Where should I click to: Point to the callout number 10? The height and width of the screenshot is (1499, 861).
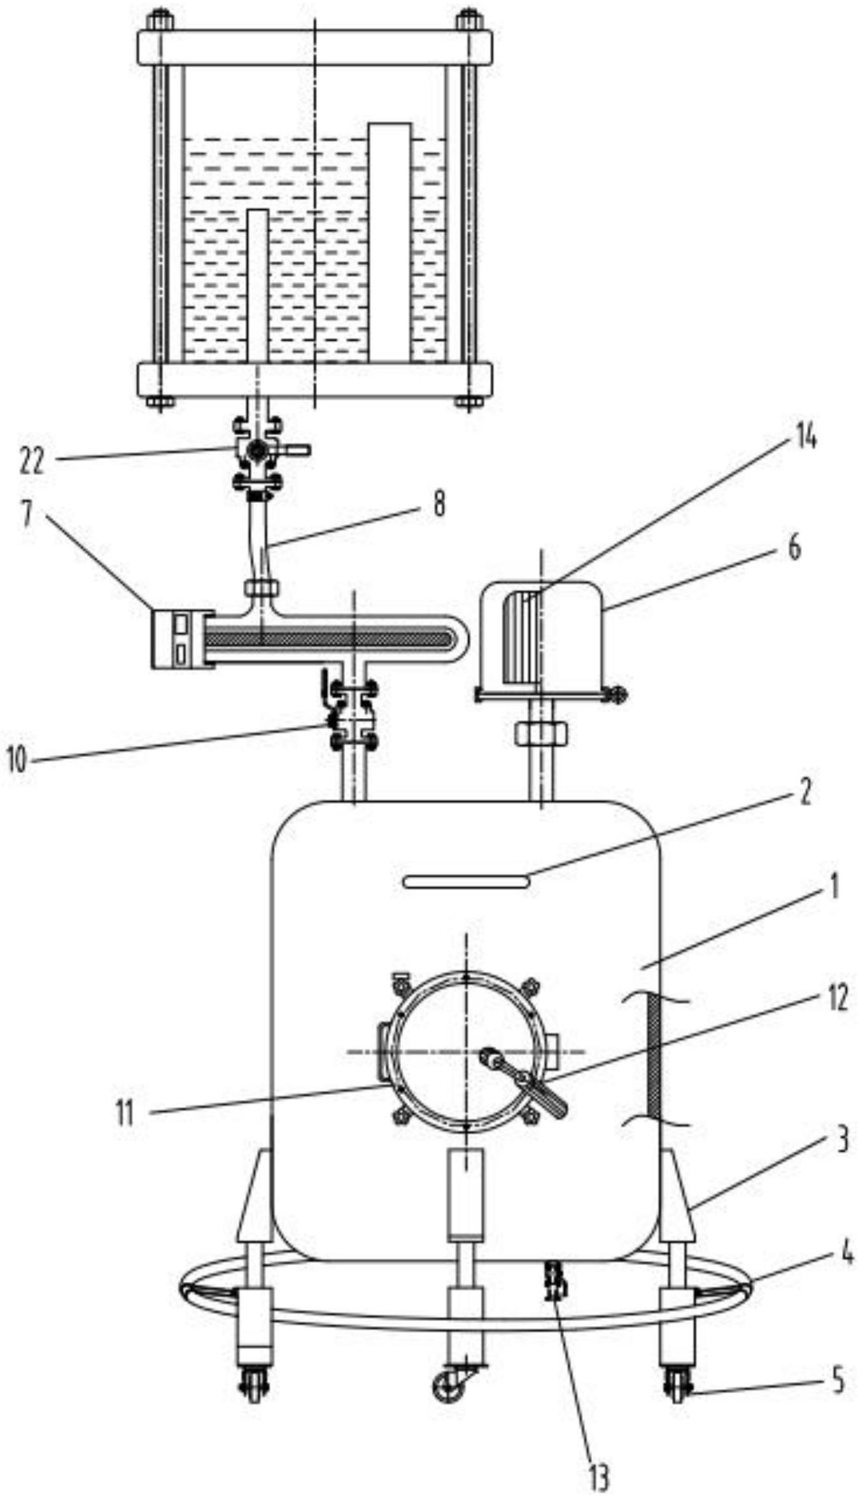(x=18, y=761)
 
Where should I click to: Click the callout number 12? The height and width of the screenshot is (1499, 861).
(x=837, y=999)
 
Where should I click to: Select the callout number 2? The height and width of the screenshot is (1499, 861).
(x=805, y=794)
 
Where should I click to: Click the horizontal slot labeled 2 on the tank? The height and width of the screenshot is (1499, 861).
(x=465, y=882)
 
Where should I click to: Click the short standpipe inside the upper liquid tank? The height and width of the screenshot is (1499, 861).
(x=258, y=285)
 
